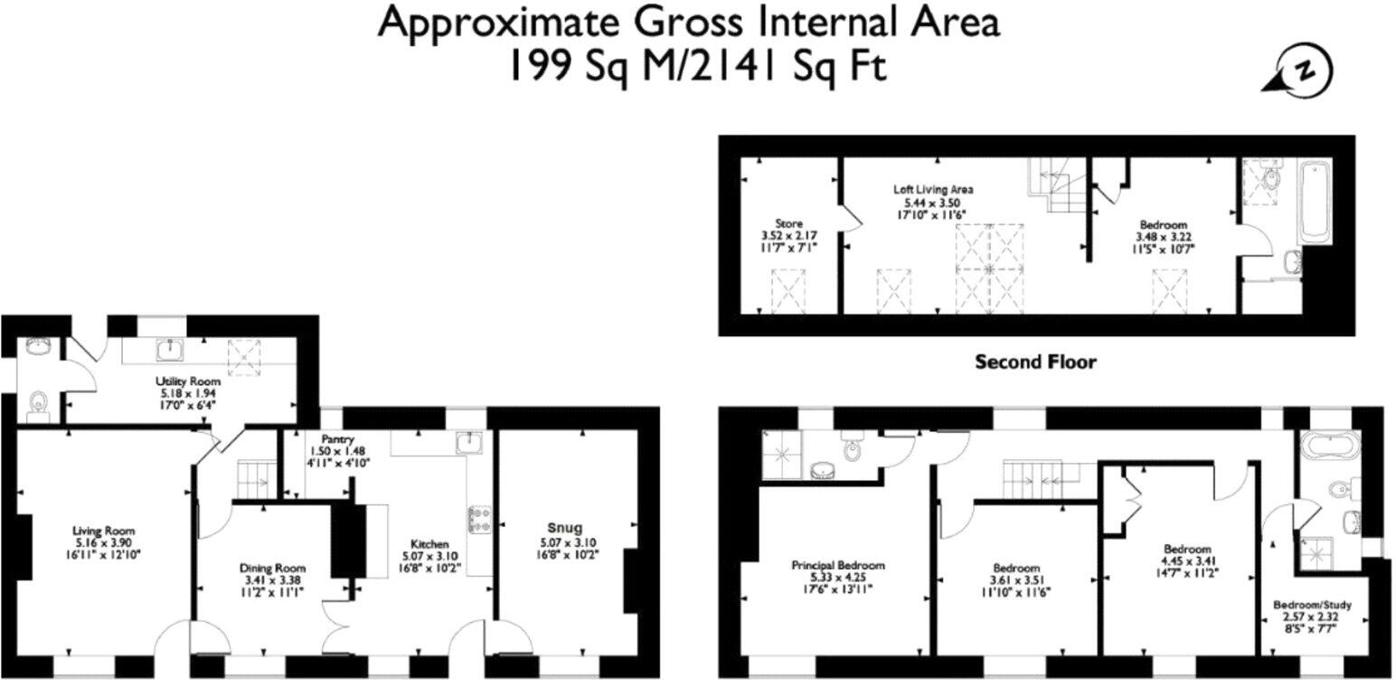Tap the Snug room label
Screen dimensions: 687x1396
[x=564, y=528]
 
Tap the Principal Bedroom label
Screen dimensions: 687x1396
[x=838, y=565]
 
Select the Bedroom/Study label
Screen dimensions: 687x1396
[x=1312, y=605]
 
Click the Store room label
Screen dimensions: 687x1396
[x=788, y=223]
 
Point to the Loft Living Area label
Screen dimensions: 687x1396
[x=933, y=190]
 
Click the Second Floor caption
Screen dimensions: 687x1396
[x=1035, y=362]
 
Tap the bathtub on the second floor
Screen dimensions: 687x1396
[x=1316, y=201]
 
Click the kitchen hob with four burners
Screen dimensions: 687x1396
[x=478, y=518]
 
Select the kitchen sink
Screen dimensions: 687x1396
[x=468, y=442]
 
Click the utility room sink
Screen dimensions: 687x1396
[x=169, y=349]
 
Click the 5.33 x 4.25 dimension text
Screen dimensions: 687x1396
[x=838, y=578]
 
